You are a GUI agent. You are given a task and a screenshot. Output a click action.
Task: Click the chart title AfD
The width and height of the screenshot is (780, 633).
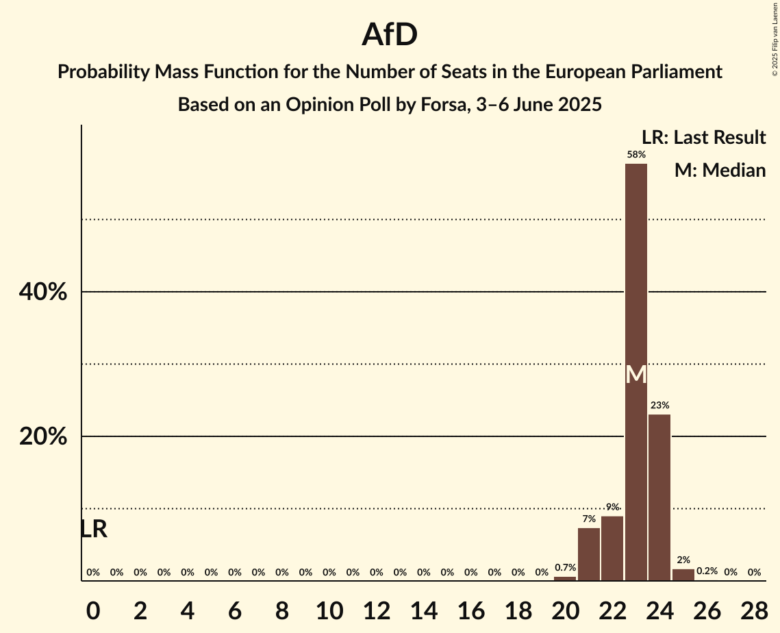click(x=390, y=34)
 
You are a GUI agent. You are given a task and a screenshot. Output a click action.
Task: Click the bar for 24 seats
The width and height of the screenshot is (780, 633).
click(x=659, y=497)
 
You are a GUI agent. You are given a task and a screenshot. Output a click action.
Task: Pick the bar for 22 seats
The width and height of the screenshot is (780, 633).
click(x=612, y=548)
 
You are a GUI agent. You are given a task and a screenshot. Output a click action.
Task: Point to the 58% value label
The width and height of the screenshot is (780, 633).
click(x=636, y=155)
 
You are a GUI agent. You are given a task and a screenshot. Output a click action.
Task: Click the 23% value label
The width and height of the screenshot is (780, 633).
click(x=659, y=406)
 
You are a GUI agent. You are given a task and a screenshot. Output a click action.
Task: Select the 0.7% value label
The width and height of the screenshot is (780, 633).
click(x=565, y=568)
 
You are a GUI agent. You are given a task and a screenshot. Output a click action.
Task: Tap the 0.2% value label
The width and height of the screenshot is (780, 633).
click(x=707, y=571)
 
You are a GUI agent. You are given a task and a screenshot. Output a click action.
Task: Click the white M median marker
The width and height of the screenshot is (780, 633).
click(x=636, y=375)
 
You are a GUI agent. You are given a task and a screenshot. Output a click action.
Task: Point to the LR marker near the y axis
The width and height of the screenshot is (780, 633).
click(x=94, y=529)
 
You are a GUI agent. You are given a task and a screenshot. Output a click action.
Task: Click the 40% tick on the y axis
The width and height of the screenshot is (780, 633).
click(x=43, y=293)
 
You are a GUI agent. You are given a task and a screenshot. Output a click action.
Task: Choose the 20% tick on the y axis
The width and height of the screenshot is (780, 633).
click(x=43, y=437)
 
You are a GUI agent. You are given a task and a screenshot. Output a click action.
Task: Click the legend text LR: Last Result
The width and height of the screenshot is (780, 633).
click(x=703, y=138)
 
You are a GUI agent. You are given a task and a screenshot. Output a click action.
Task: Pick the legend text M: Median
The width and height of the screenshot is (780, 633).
click(x=720, y=170)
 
